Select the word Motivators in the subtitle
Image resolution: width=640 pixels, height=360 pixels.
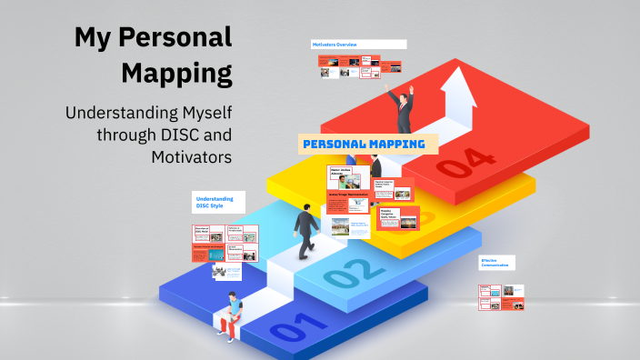pyautogui.click(x=192, y=157)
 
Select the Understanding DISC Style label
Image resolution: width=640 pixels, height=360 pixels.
pyautogui.click(x=215, y=201)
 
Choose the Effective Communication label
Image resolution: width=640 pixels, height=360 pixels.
pyautogui.click(x=496, y=262)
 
